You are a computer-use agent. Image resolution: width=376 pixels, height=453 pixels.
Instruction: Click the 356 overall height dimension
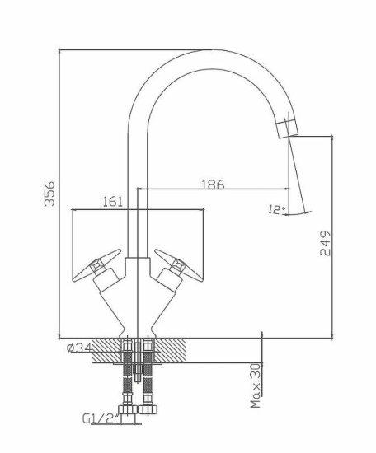click(x=49, y=194)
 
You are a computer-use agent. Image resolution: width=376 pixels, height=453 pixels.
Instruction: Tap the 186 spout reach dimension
click(x=213, y=184)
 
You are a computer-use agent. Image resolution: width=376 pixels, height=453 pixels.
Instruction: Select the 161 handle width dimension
click(x=113, y=202)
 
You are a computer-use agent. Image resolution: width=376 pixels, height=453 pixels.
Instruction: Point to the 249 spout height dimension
click(x=325, y=243)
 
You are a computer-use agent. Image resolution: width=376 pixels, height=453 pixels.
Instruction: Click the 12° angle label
click(x=276, y=209)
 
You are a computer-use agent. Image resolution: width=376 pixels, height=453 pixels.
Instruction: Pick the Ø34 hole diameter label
click(x=79, y=348)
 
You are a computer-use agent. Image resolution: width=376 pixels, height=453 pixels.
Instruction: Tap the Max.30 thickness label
click(x=256, y=386)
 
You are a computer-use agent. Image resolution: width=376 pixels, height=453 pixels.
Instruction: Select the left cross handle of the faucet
click(x=96, y=265)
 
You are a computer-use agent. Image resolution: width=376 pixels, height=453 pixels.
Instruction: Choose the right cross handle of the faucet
click(x=178, y=265)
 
